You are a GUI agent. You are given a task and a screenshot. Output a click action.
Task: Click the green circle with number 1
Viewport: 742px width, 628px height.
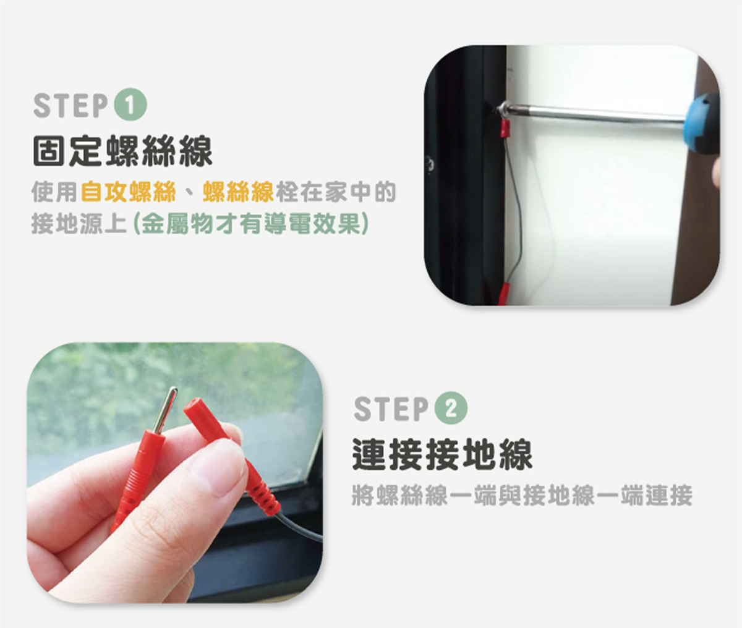[130, 104]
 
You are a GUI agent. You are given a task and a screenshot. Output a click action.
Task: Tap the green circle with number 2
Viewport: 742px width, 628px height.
[451, 408]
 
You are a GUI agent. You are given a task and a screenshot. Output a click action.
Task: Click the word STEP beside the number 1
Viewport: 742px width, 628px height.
[70, 105]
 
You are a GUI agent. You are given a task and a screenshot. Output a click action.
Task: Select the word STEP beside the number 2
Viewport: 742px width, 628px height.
[391, 409]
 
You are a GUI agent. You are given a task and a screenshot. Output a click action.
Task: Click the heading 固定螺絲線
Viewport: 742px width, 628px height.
[123, 151]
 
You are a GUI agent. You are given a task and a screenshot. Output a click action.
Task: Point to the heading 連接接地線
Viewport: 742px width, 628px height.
[442, 454]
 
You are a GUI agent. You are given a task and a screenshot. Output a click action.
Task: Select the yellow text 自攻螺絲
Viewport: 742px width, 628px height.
[129, 192]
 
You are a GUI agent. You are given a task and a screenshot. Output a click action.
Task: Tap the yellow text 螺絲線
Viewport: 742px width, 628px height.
[238, 192]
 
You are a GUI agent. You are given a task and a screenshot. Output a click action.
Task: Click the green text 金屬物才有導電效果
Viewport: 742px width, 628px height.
[250, 223]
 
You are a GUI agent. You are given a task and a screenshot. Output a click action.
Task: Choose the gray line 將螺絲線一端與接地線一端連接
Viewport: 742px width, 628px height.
[522, 495]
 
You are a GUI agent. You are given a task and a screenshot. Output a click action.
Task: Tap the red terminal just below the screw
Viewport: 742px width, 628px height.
[506, 128]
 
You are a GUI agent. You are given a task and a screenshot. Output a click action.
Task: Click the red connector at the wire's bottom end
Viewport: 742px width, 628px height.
[503, 294]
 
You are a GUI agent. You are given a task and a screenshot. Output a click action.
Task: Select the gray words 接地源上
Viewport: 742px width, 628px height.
[79, 223]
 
